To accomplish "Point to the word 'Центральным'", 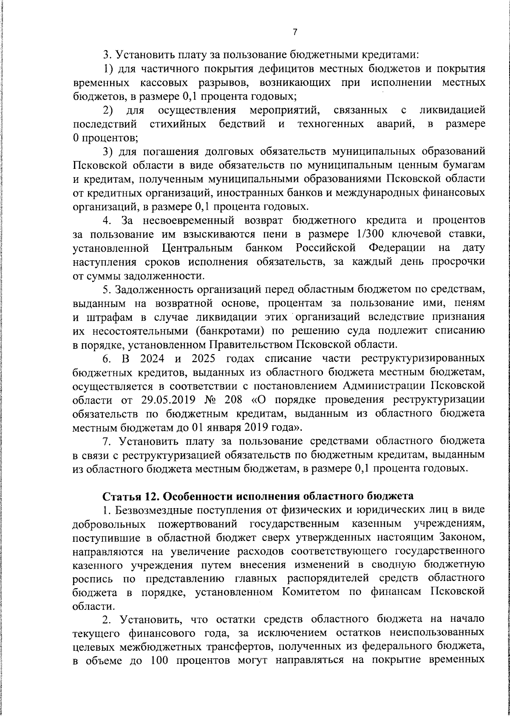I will [x=197, y=248].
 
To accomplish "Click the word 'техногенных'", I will [x=331, y=124].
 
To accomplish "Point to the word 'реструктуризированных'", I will [x=423, y=358].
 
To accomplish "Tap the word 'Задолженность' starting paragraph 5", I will [x=149, y=290].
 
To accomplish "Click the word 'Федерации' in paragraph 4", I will [x=397, y=248].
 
